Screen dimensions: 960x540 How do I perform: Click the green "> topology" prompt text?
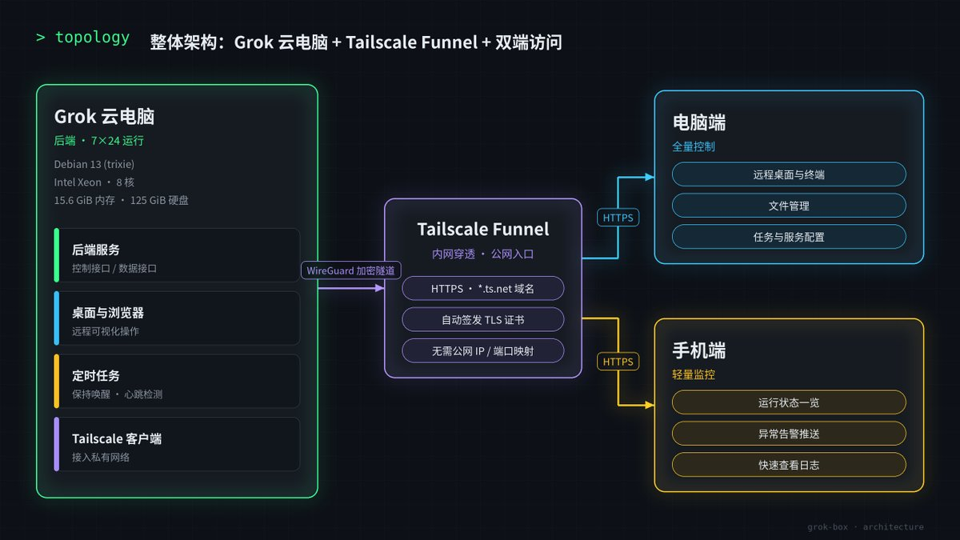pyautogui.click(x=83, y=38)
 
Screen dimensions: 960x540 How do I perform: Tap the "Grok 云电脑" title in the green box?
pyautogui.click(x=104, y=117)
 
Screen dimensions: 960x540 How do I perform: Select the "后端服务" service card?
pyautogui.click(x=177, y=255)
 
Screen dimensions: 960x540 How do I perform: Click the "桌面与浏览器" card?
pyautogui.click(x=177, y=318)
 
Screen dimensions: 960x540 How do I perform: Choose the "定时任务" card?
pyautogui.click(x=177, y=382)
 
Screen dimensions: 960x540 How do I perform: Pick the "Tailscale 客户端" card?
pyautogui.click(x=177, y=445)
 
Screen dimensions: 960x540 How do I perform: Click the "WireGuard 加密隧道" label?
pyautogui.click(x=351, y=270)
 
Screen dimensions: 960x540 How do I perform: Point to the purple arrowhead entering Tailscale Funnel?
pyautogui.click(x=380, y=289)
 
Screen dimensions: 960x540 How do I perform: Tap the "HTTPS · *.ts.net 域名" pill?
pyautogui.click(x=483, y=289)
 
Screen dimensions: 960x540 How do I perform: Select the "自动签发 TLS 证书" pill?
pyautogui.click(x=483, y=320)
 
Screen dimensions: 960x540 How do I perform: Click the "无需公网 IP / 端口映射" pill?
pyautogui.click(x=483, y=351)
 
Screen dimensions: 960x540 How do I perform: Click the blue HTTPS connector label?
pyautogui.click(x=618, y=218)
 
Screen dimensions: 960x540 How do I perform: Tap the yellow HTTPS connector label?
pyautogui.click(x=618, y=362)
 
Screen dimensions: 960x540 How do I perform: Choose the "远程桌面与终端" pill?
pyautogui.click(x=789, y=174)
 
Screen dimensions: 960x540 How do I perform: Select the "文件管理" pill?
pyautogui.click(x=789, y=206)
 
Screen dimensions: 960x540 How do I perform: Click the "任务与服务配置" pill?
pyautogui.click(x=789, y=237)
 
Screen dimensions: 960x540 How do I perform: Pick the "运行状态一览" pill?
pyautogui.click(x=789, y=402)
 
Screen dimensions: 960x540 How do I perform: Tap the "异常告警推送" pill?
pyautogui.click(x=789, y=434)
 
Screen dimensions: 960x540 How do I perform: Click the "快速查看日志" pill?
pyautogui.click(x=789, y=465)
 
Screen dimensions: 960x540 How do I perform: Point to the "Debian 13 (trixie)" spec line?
pyautogui.click(x=94, y=165)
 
